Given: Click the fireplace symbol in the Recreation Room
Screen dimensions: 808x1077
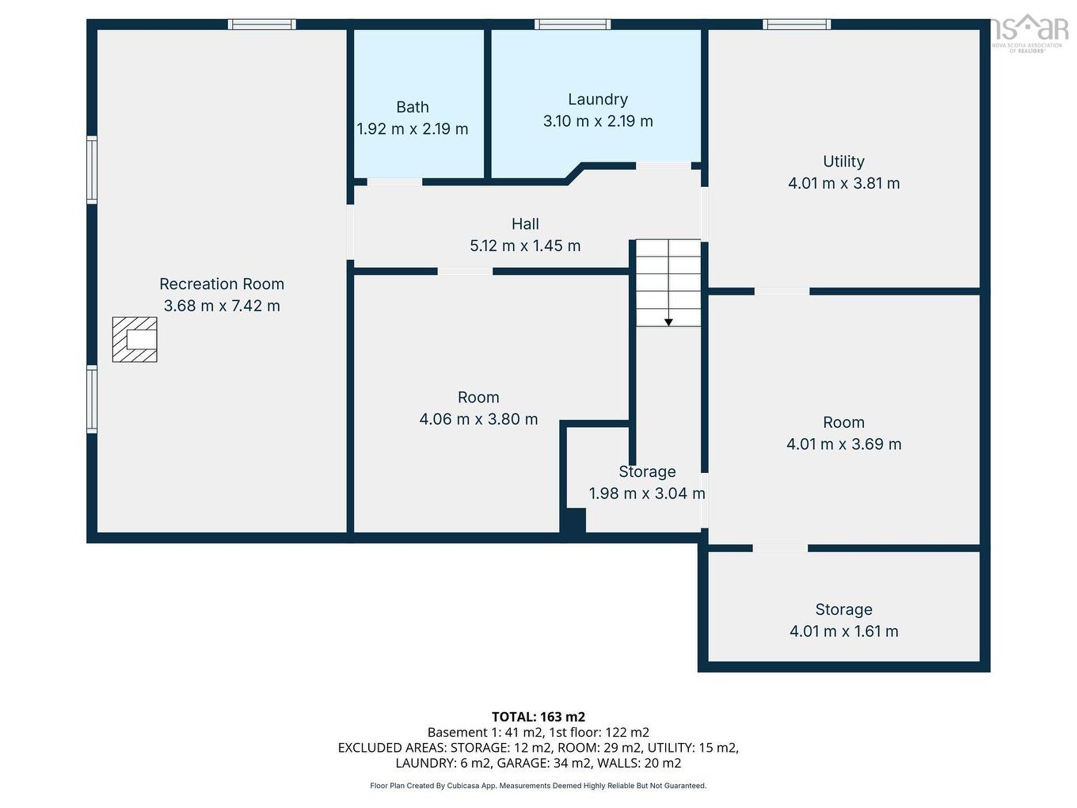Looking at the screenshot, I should (x=135, y=339).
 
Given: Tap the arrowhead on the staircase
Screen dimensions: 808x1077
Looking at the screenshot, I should (x=668, y=322).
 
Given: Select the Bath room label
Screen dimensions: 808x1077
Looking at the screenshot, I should (x=413, y=107).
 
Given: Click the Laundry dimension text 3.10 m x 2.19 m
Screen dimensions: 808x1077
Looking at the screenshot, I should (x=598, y=121).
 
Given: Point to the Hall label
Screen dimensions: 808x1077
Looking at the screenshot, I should (x=525, y=224).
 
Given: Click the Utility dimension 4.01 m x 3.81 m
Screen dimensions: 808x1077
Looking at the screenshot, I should (x=843, y=183).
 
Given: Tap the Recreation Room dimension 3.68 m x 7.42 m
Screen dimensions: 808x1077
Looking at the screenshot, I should (x=222, y=306).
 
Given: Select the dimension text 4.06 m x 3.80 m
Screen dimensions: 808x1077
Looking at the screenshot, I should (x=478, y=419).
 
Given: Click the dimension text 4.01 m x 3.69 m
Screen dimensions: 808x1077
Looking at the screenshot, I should (x=843, y=444).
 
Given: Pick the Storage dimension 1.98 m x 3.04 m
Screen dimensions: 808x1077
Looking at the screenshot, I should (x=647, y=494).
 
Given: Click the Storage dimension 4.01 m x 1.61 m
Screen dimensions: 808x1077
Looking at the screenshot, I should (x=843, y=631).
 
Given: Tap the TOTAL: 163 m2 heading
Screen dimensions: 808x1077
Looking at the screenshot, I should (x=538, y=717).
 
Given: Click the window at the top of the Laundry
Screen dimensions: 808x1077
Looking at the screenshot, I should (x=573, y=25).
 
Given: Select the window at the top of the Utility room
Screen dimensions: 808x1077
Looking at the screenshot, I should (x=797, y=25).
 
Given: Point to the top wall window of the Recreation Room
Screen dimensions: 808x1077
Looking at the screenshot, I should (x=262, y=25).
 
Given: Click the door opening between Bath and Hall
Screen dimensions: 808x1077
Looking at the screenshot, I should (x=394, y=182).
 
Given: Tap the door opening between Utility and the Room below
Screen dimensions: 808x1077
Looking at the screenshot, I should (x=782, y=292).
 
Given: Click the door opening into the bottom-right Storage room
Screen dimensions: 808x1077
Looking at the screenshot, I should (x=780, y=548).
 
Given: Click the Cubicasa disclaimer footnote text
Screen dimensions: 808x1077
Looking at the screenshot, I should (x=538, y=786).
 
